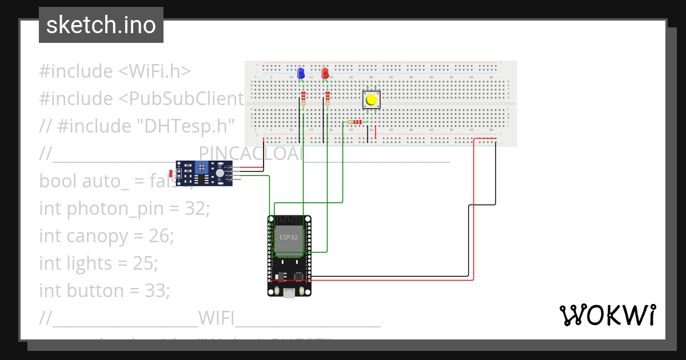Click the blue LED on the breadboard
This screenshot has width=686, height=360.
(x=301, y=73)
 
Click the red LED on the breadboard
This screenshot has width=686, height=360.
(x=325, y=73)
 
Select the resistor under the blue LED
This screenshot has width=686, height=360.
(x=303, y=97)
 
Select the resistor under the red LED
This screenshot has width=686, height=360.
(x=327, y=97)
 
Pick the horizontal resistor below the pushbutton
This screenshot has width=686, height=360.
(x=355, y=122)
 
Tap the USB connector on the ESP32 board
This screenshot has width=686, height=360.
(x=289, y=293)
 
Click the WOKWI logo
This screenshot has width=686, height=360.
(x=607, y=315)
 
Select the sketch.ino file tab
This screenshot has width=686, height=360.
(x=101, y=25)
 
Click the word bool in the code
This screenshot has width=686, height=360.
(x=58, y=181)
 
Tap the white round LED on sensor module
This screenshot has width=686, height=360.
(x=220, y=173)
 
